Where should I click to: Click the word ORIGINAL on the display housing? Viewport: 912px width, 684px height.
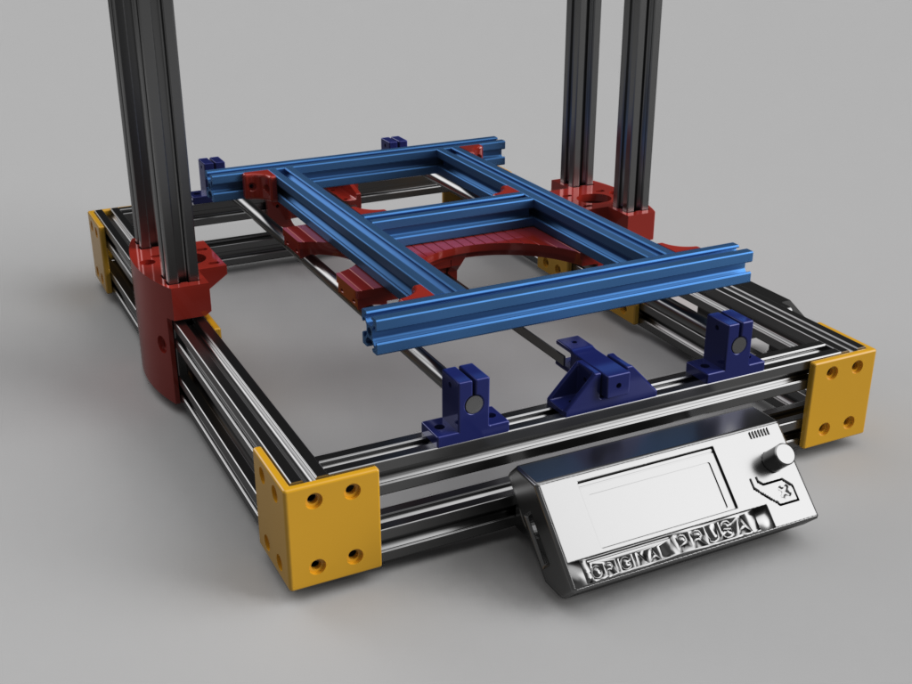pyautogui.click(x=627, y=563)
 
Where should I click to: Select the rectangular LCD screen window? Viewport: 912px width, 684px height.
pyautogui.click(x=655, y=496)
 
